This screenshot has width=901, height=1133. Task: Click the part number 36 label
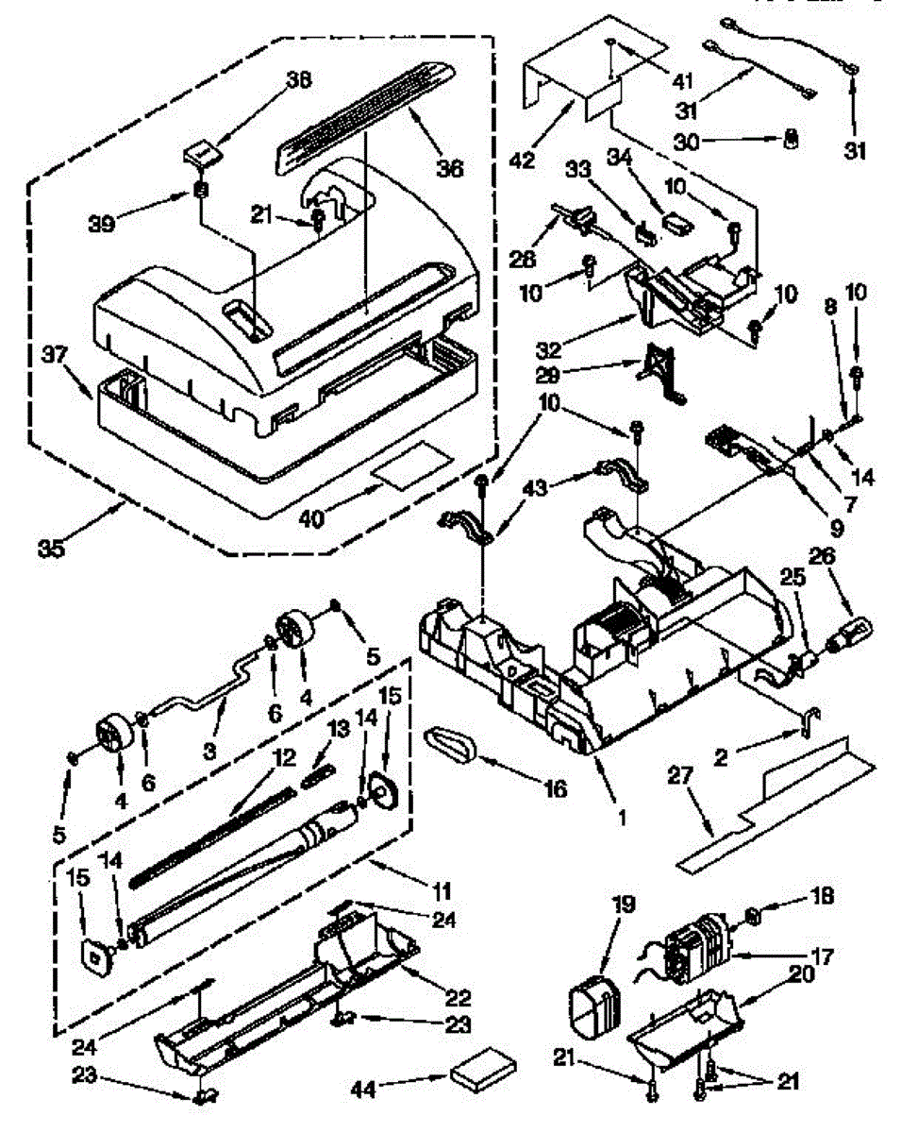(x=450, y=167)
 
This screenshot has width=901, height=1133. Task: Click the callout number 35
(x=52, y=549)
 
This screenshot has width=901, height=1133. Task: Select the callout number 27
(x=682, y=775)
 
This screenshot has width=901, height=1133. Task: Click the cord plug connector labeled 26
(x=849, y=629)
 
